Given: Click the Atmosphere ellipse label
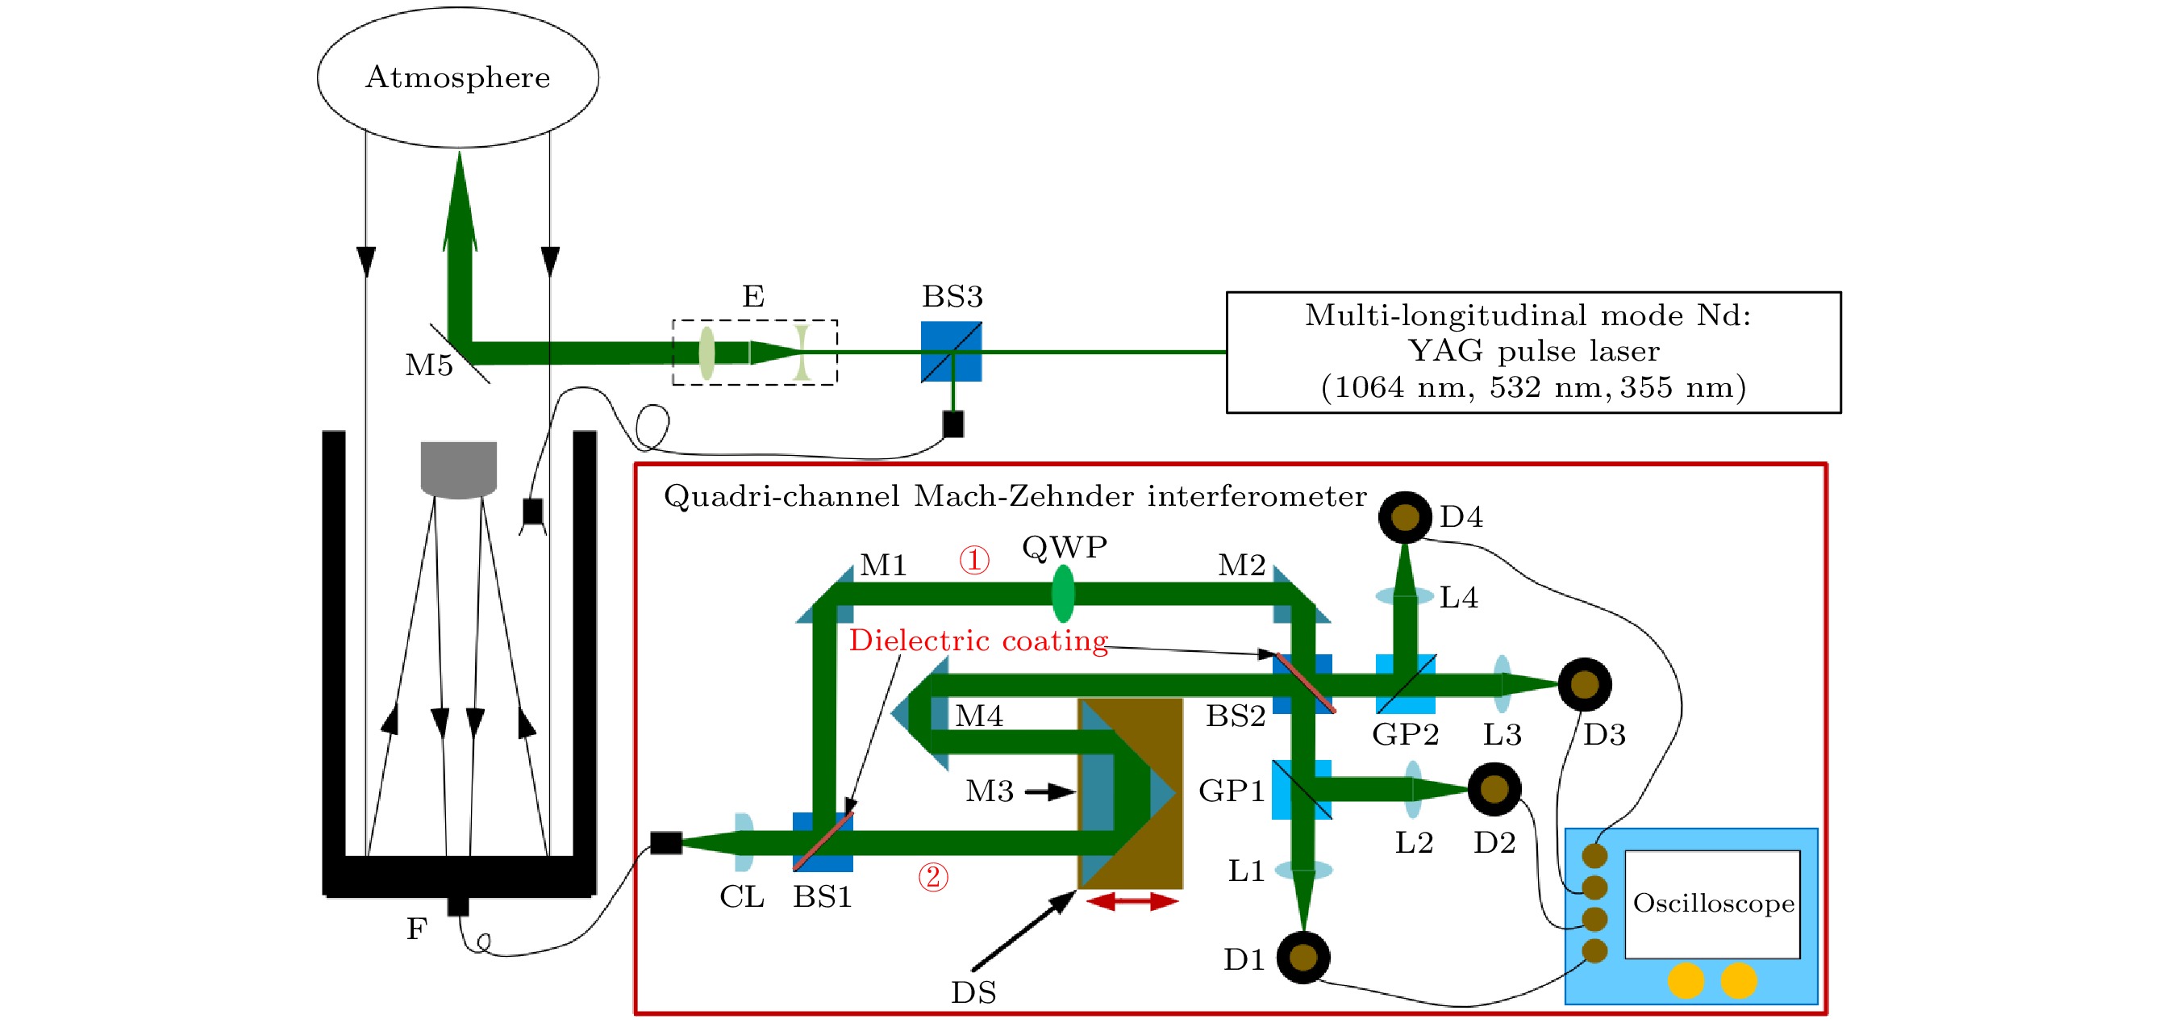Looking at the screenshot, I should coord(457,78).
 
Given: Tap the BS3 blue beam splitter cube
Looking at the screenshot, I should coord(952,351).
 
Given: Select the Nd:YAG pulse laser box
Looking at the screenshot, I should coord(1533,353).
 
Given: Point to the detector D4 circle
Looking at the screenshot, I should coord(1405,517).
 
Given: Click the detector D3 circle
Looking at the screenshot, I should coord(1584,684).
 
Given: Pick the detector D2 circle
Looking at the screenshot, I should coord(1494,788).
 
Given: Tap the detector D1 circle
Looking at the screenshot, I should coord(1302,957).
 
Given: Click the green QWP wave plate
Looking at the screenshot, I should coord(1063,593).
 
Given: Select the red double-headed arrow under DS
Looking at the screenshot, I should coord(1132,901).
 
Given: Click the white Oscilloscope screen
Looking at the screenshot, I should coord(1712,904).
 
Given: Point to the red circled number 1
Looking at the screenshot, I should coord(974,560).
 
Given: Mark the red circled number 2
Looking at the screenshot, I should coord(933,877).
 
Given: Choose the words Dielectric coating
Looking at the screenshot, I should coord(978,641).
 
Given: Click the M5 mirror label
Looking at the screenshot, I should coord(428,365).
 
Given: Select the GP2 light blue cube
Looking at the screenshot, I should coord(1406,685).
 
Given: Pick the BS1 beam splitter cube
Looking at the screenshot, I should coord(822,841).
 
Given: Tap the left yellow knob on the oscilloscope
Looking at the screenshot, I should coord(1686,980).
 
